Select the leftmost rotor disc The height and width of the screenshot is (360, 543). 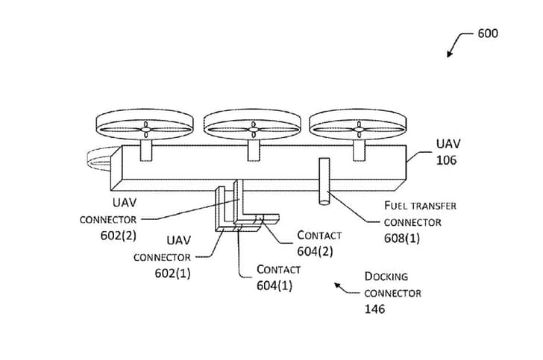tap(145, 127)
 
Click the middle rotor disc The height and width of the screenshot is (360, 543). tap(252, 127)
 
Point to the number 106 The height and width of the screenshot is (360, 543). tap(448, 160)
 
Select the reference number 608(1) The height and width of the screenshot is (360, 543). tap(402, 238)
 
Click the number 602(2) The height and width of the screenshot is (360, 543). tap(107, 236)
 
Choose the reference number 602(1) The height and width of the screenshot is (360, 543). tap(172, 273)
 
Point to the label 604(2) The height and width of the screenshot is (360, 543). tap(315, 251)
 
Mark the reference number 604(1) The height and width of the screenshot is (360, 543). tap(274, 285)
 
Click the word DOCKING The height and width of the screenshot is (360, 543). tap(386, 277)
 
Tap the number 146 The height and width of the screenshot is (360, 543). tap(375, 309)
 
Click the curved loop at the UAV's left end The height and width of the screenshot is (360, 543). tap(98, 158)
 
